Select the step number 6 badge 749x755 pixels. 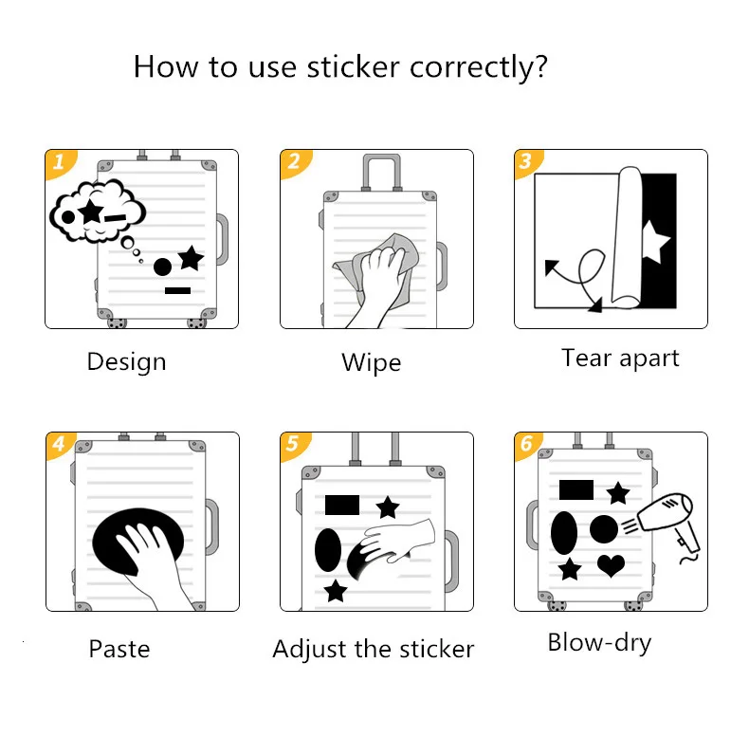tap(526, 444)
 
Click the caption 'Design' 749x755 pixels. tap(126, 361)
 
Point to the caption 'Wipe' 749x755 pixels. tap(371, 362)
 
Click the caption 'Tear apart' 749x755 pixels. tap(620, 358)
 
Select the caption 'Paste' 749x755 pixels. tap(119, 649)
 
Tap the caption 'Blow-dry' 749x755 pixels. tap(599, 642)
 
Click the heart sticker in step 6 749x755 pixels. tap(612, 565)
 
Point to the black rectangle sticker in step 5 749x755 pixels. tap(342, 505)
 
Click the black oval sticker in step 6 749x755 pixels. tap(564, 532)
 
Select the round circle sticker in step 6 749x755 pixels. tap(604, 529)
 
